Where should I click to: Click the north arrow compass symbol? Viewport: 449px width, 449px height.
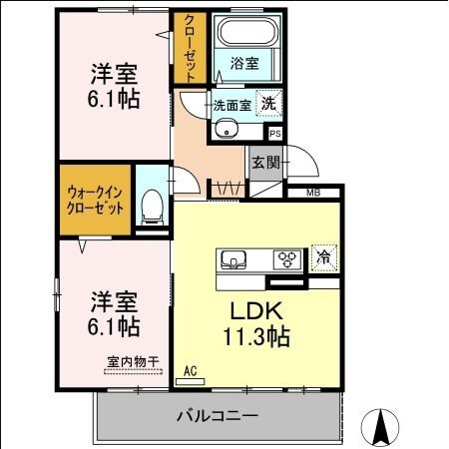click(x=380, y=426)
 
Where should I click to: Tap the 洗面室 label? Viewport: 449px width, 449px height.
click(x=231, y=103)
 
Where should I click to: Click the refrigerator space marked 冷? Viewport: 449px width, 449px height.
click(x=323, y=257)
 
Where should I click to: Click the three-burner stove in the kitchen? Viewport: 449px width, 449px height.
click(x=288, y=259)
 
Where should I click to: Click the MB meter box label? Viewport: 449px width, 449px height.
click(x=312, y=193)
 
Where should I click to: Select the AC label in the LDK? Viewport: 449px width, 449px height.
click(x=191, y=372)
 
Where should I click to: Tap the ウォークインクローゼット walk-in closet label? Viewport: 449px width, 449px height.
click(x=96, y=200)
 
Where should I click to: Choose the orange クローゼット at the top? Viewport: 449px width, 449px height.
click(x=189, y=47)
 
